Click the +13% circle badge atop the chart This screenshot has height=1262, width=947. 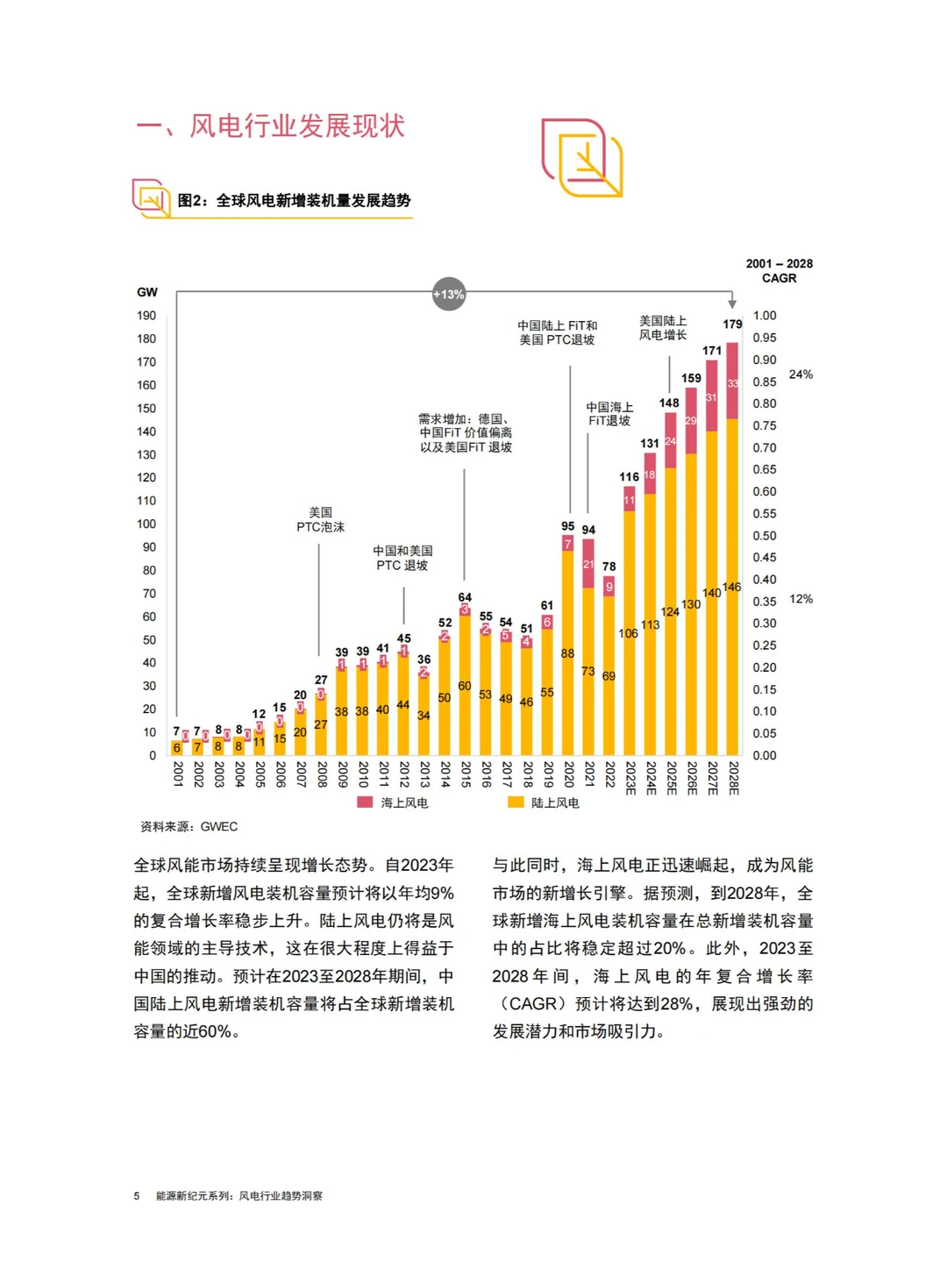(x=448, y=295)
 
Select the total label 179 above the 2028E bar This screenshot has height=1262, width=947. (x=732, y=324)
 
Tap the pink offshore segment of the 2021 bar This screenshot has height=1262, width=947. (x=588, y=563)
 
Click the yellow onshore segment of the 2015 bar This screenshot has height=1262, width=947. (x=465, y=684)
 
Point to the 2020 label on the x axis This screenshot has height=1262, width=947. (x=568, y=774)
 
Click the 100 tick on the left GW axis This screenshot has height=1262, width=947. (x=146, y=524)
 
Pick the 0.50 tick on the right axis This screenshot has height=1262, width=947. (x=764, y=536)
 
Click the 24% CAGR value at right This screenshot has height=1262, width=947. (x=800, y=374)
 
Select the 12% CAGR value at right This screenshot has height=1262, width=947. (x=800, y=599)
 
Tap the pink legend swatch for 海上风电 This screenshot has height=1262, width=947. (x=365, y=802)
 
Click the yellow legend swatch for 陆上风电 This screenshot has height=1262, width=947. (x=516, y=802)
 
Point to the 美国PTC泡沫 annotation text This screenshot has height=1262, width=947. (x=320, y=519)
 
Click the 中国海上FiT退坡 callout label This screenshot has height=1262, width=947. (x=609, y=414)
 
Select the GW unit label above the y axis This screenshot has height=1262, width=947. (x=147, y=292)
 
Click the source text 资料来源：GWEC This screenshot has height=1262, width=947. (x=189, y=826)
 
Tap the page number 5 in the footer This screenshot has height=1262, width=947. (x=137, y=1195)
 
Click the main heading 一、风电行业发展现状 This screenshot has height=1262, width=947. (x=271, y=126)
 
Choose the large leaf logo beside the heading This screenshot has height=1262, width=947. (x=581, y=158)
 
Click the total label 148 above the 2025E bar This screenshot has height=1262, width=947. (x=669, y=403)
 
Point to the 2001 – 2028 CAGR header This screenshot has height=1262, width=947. (x=779, y=271)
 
